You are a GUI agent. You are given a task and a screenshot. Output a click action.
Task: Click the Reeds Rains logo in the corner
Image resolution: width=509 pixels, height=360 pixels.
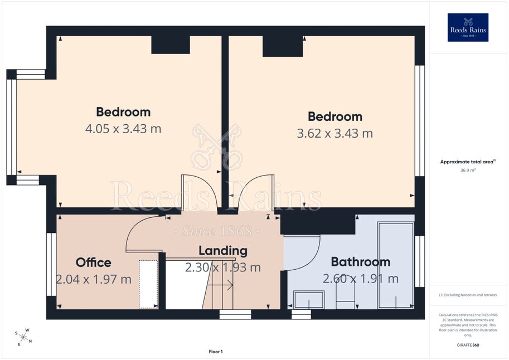point(468,27)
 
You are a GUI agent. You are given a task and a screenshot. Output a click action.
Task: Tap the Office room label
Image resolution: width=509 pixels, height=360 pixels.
point(94,262)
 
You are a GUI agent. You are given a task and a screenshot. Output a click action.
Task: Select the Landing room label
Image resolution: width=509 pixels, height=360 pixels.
point(223,251)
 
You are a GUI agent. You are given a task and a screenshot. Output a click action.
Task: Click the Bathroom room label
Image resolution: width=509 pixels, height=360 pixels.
point(361,262)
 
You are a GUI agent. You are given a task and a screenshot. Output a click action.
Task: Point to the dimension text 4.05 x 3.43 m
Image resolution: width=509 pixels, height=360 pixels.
point(123,129)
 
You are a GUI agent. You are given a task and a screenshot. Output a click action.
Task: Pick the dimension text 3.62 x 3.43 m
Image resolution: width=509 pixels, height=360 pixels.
point(335,133)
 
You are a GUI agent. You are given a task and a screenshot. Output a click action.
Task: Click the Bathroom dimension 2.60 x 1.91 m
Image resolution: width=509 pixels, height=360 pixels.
point(361,279)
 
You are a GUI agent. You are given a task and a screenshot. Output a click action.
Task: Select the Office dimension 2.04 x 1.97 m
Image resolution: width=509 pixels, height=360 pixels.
point(94,279)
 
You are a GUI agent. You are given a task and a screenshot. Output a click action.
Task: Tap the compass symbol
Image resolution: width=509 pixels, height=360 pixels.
point(23,337)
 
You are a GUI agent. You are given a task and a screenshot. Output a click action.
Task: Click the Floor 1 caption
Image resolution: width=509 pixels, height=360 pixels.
point(216,352)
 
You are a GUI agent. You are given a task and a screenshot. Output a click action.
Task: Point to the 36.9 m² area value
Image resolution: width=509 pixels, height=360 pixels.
point(468,170)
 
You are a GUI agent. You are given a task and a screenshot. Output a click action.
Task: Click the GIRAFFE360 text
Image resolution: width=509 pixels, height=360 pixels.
point(468,345)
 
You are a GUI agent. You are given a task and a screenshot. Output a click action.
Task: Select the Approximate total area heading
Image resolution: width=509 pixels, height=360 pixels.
point(468,162)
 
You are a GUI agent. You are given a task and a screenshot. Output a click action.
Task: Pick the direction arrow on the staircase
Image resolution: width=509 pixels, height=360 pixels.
point(220,285)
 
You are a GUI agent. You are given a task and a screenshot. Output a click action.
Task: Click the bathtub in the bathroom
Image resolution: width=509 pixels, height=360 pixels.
point(396,265)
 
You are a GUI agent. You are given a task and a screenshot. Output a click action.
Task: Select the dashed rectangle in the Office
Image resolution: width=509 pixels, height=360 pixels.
point(148,284)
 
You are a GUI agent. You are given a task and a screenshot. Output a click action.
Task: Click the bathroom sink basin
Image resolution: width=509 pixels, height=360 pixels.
point(309,300)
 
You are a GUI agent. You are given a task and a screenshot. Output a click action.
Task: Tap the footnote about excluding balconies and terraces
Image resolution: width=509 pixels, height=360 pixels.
point(468,295)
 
